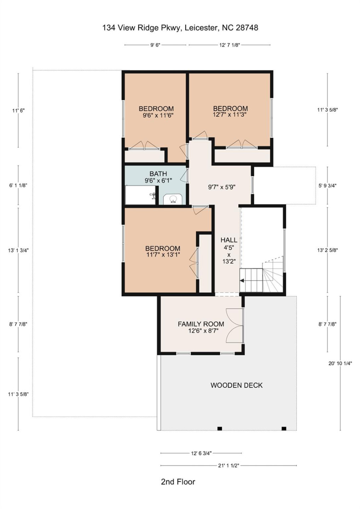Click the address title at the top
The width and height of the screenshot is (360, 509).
(x=180, y=28)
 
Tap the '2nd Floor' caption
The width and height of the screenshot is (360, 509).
(x=178, y=482)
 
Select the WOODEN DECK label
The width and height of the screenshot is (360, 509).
(x=236, y=385)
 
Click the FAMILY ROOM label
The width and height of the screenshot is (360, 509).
(x=201, y=324)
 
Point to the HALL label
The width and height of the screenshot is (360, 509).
(x=228, y=240)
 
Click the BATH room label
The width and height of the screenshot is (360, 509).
(x=158, y=174)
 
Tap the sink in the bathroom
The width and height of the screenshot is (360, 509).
(x=173, y=200)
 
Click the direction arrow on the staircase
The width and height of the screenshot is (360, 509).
(x=242, y=281)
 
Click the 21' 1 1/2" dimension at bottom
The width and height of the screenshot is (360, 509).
(x=228, y=466)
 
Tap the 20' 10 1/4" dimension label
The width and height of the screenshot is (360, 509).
(x=340, y=363)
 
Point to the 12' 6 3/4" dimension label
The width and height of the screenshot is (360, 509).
(x=201, y=453)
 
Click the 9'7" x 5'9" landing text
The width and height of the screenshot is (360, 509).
(x=221, y=187)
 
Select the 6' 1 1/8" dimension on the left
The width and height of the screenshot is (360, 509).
(x=18, y=185)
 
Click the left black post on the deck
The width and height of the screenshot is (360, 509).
(x=220, y=429)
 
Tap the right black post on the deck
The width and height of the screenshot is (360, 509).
(x=284, y=429)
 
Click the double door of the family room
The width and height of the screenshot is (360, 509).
(x=234, y=325)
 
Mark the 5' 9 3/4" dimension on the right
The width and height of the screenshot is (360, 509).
(x=327, y=185)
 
